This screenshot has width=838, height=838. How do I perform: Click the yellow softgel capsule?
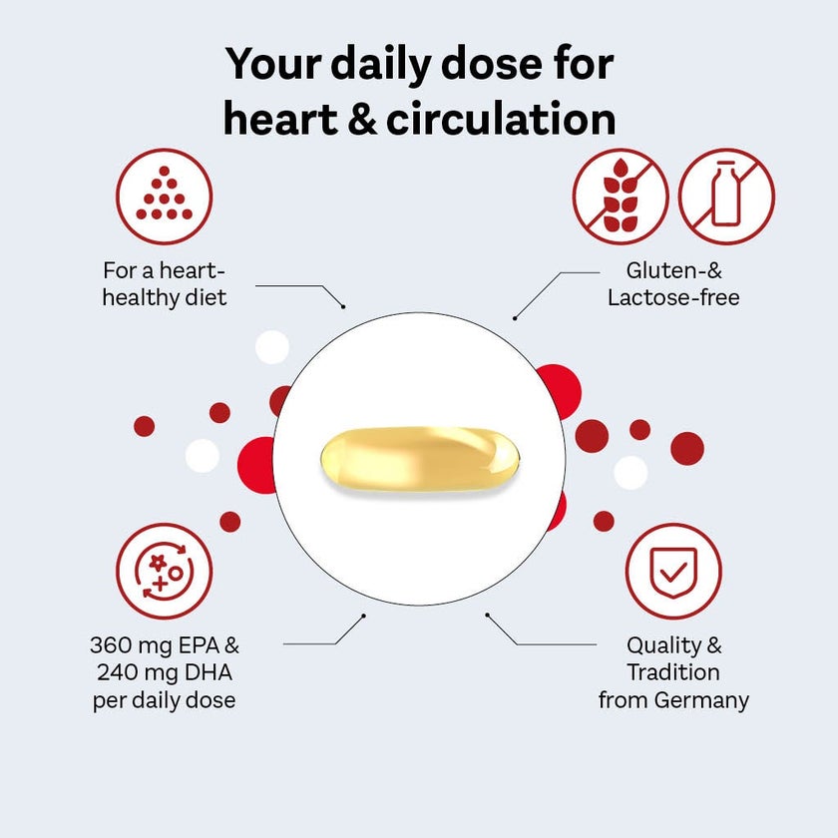420,459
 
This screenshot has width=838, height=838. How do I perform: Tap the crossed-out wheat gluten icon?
621,197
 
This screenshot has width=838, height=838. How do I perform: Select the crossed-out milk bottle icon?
726,197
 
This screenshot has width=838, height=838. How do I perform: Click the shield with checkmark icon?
673,571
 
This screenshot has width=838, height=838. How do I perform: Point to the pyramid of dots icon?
164,197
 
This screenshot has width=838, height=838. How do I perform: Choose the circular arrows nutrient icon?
164,571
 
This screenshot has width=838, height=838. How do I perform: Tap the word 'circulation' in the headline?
501,118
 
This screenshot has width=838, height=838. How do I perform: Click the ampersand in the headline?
362,119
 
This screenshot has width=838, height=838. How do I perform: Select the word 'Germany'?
701,700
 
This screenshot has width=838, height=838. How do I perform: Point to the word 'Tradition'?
673,671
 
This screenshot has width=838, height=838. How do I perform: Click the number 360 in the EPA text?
110,645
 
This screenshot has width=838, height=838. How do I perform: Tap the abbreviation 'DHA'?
208,672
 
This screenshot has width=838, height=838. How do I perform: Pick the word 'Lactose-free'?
673,297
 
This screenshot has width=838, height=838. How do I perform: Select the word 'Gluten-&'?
673,270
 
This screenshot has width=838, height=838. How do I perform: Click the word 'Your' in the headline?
273,64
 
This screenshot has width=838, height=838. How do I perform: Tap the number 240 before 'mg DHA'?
118,672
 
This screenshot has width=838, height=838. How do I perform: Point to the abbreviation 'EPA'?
199,645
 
